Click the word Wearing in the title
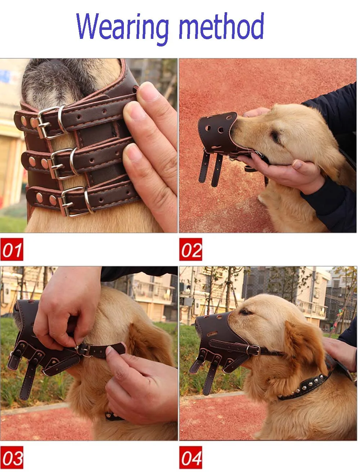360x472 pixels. click(122, 28)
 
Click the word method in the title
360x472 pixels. click(221, 26)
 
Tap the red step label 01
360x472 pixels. click(12, 249)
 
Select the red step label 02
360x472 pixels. click(191, 249)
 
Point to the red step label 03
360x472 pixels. click(12, 457)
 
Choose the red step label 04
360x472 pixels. click(191, 457)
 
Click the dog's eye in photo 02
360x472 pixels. click(275, 136)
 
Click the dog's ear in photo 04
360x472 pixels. click(305, 346)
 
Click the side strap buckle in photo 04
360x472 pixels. click(253, 350)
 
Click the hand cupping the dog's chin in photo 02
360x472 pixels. click(282, 172)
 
